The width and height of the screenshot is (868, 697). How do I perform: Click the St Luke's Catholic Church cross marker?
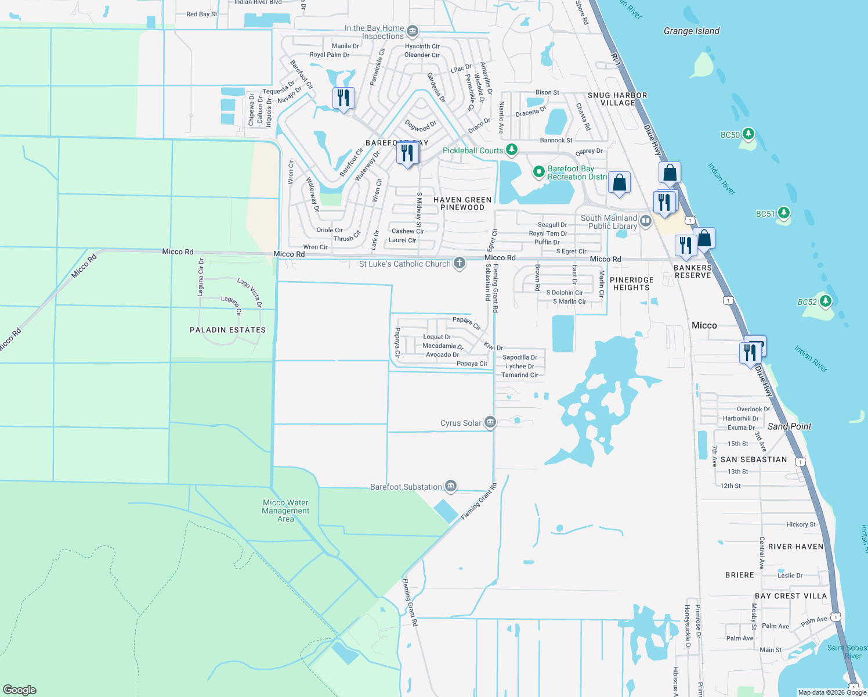[460, 263]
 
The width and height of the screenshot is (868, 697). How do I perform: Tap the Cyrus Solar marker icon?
[490, 422]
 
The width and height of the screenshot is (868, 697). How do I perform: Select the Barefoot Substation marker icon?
[451, 486]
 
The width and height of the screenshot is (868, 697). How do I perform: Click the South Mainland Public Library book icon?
[645, 221]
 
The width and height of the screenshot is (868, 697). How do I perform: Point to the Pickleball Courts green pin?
[511, 150]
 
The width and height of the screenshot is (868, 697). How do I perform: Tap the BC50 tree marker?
[748, 134]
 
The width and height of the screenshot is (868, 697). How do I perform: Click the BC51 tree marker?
[784, 213]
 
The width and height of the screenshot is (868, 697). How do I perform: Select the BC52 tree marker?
[826, 301]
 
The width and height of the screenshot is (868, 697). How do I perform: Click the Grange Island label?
[691, 31]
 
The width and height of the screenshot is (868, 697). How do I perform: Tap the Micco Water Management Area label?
[285, 511]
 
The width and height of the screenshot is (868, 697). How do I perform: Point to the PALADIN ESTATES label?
[227, 330]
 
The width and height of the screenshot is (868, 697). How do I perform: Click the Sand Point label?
[789, 426]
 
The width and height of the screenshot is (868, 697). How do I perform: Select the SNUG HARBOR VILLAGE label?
[617, 99]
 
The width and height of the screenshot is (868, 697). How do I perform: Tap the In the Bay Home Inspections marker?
[413, 30]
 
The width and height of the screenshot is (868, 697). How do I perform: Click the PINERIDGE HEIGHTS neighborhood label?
[631, 283]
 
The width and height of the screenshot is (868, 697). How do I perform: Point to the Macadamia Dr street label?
[443, 346]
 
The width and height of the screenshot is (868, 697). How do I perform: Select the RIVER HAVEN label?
[795, 547]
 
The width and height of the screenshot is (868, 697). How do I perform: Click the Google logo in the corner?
[20, 689]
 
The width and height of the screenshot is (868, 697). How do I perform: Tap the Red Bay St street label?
[202, 14]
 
